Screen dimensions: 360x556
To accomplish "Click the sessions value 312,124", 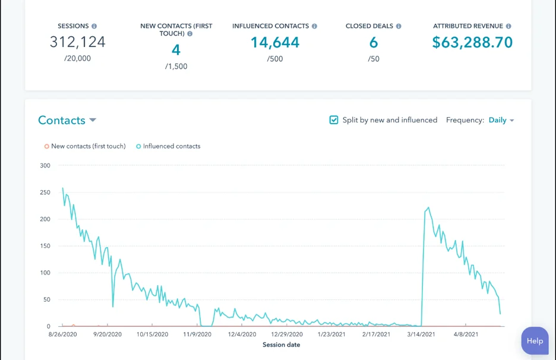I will (77, 42).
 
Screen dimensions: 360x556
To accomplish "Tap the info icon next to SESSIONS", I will (94, 26).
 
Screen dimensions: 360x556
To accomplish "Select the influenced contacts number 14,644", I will (274, 42).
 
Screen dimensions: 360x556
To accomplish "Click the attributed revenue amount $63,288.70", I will (472, 42).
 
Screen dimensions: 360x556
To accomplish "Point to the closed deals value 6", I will (374, 42).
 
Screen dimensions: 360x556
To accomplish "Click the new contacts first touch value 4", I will (176, 50).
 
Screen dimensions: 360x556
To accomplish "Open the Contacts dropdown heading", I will (67, 120).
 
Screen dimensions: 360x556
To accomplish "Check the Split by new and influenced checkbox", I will (334, 120).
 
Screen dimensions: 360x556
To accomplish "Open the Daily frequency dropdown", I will (501, 120).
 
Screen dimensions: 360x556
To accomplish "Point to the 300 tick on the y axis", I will (45, 165).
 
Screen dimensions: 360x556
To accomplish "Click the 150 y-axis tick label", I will (45, 246).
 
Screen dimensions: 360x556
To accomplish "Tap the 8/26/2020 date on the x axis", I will (62, 334).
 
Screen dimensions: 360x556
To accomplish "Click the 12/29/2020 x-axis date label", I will (287, 334).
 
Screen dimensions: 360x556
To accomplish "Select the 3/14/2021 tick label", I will (421, 334).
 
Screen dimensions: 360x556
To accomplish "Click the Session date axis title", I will (281, 345).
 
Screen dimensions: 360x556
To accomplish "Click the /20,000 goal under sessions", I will (77, 59).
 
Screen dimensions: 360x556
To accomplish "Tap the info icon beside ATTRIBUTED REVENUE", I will (508, 26).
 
